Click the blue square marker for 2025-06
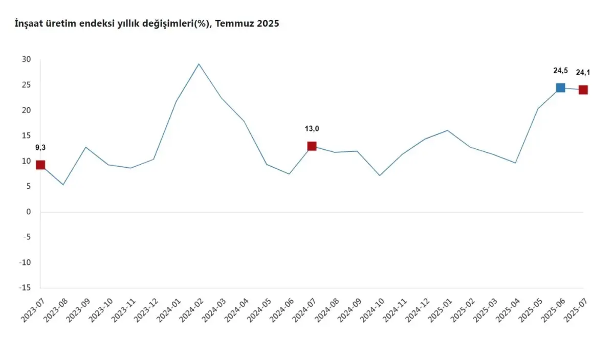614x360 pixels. (x=560, y=87)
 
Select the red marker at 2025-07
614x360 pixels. (x=583, y=90)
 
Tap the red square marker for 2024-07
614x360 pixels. (x=312, y=146)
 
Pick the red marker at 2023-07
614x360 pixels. (x=40, y=165)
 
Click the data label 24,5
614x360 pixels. (x=560, y=71)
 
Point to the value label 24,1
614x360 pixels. (x=583, y=72)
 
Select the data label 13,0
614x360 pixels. (x=312, y=129)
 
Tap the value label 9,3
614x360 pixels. (x=40, y=148)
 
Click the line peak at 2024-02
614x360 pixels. (x=199, y=64)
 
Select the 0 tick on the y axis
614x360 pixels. (x=29, y=212)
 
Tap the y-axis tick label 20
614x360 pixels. (x=27, y=110)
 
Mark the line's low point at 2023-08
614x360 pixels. (x=63, y=185)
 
